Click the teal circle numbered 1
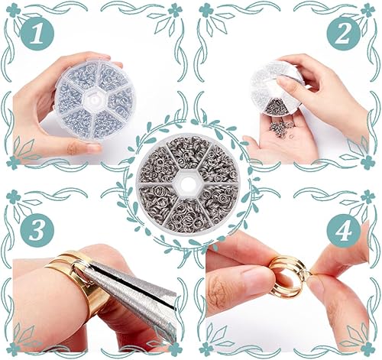point(37,34)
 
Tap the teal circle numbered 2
point(344,34)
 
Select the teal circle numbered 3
point(37,231)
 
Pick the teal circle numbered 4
point(344,231)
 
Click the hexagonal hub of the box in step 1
point(95,99)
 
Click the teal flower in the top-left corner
point(13,10)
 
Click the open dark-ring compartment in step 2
point(277,106)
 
